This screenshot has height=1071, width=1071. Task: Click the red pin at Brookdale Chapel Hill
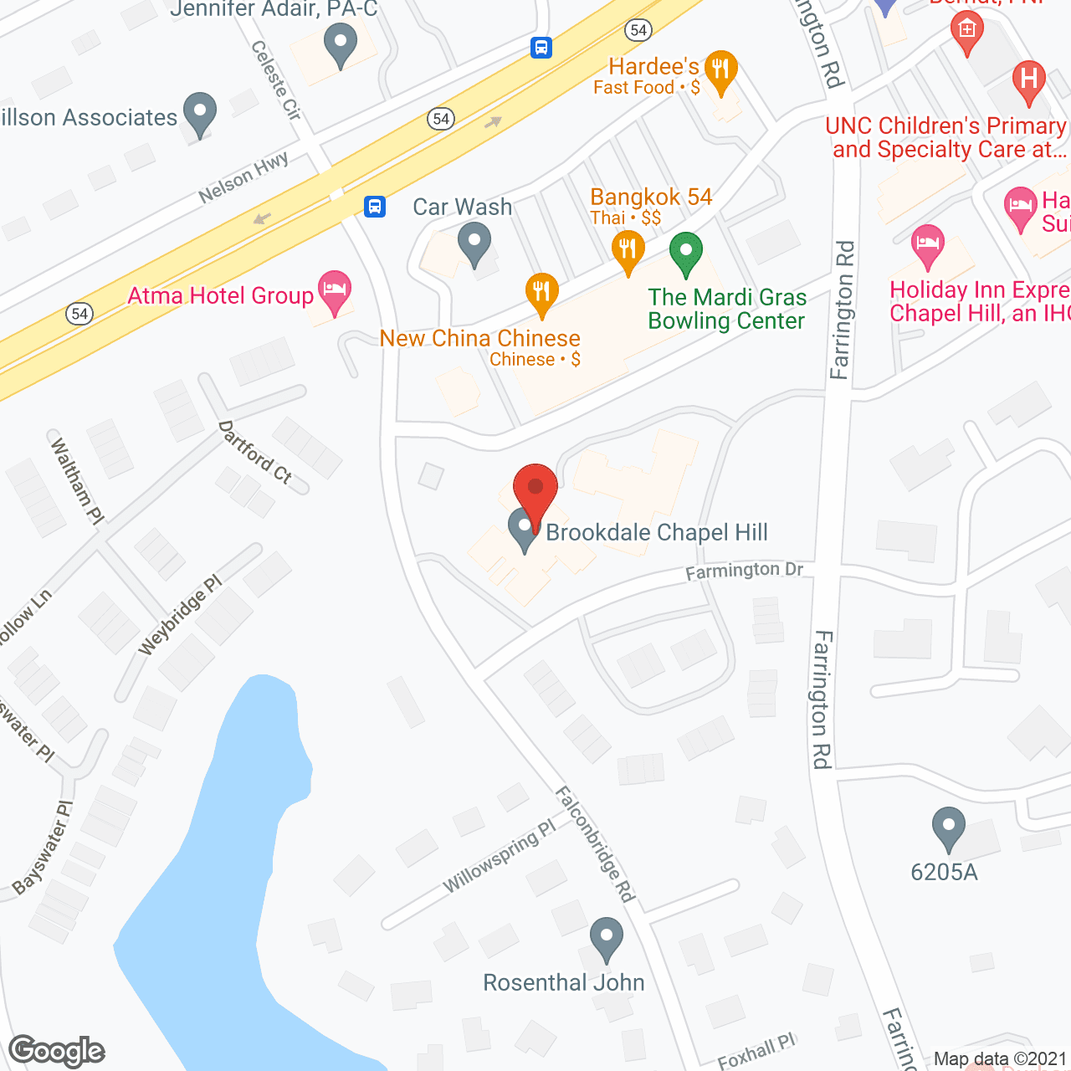pos(535,489)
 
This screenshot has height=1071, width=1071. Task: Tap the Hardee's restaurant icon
pos(720,69)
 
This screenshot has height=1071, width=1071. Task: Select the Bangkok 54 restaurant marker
pos(628,250)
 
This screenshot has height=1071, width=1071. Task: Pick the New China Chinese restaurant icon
pos(542,292)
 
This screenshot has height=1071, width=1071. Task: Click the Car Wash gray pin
pos(474,243)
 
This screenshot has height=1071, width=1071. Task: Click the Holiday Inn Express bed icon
pos(927,244)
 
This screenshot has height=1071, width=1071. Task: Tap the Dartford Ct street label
pos(254,453)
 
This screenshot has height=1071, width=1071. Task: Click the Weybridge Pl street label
pos(180,615)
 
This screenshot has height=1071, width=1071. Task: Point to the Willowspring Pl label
pos(499,857)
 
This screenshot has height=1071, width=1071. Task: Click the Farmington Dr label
pos(744,571)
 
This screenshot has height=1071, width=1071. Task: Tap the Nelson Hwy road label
pos(243,177)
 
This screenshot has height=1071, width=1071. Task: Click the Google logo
pos(57,1051)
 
